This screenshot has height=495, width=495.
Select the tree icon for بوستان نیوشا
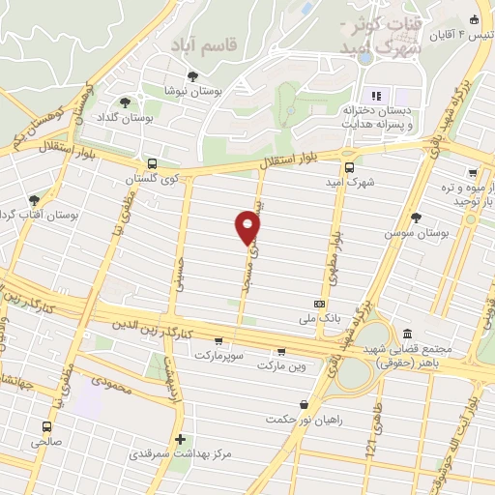(193, 75)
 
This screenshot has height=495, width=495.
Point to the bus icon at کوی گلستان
(152, 164)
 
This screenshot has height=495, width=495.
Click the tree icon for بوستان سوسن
(416, 218)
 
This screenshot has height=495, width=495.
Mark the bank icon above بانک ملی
(320, 303)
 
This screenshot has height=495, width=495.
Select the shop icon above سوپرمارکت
(220, 340)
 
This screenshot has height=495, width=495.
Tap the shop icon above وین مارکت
(281, 351)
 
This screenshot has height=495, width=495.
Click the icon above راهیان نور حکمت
(306, 404)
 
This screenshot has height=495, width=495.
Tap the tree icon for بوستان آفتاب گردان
(35, 200)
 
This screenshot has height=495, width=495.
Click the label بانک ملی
(320, 316)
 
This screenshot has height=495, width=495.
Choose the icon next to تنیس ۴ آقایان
(474, 20)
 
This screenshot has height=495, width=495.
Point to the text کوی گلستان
(151, 179)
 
